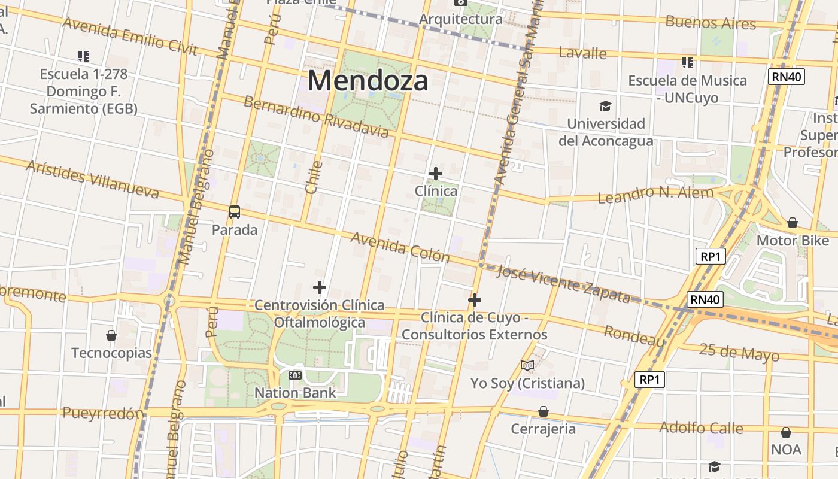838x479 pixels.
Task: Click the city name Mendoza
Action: click(x=368, y=81)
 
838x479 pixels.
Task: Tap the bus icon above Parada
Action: click(x=235, y=211)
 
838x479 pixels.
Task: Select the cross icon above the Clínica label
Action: click(x=436, y=174)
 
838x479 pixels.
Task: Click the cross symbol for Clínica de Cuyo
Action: click(x=475, y=299)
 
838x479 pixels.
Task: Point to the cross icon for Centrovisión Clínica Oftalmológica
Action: click(x=320, y=287)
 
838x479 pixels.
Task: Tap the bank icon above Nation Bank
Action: click(x=294, y=375)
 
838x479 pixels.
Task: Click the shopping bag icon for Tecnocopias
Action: click(x=111, y=335)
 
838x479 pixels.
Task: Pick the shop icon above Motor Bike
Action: click(x=793, y=223)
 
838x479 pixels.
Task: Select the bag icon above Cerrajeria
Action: click(x=544, y=411)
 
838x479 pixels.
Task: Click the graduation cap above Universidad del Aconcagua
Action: click(x=606, y=106)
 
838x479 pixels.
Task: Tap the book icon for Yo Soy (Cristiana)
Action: click(x=527, y=365)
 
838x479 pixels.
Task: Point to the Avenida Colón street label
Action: click(x=400, y=247)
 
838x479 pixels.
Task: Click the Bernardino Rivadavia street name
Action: click(x=316, y=116)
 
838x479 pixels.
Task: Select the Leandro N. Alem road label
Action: click(x=656, y=194)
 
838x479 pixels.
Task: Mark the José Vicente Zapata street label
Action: click(x=563, y=284)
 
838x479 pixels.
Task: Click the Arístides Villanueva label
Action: click(x=93, y=179)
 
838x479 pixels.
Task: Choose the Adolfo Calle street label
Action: click(x=701, y=428)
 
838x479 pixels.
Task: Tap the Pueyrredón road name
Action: click(x=103, y=413)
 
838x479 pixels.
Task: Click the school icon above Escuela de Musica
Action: click(x=688, y=62)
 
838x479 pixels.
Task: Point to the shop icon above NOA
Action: click(x=786, y=432)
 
